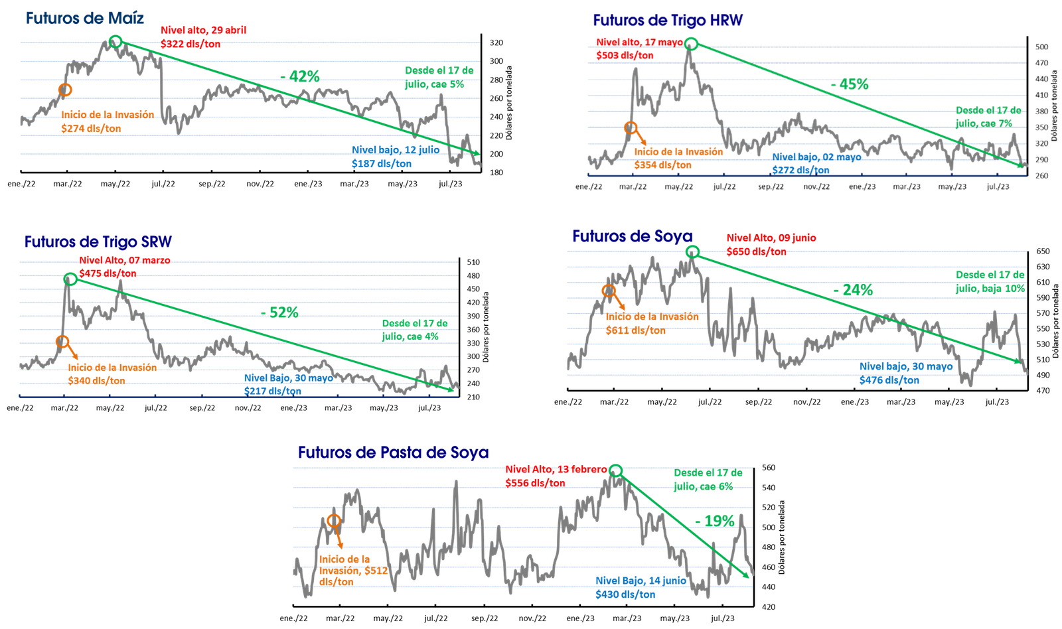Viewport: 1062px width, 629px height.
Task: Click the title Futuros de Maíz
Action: tap(85, 18)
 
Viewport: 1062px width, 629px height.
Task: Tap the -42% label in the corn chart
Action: tap(299, 76)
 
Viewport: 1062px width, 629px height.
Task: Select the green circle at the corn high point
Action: tap(115, 41)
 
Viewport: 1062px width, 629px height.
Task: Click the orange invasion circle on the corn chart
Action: tap(65, 90)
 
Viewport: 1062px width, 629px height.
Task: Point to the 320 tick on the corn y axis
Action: tap(496, 42)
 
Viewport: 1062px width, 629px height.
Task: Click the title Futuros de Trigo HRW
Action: tap(668, 21)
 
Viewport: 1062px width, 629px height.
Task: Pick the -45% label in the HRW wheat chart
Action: tap(850, 84)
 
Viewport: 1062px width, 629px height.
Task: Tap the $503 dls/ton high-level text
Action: tap(625, 56)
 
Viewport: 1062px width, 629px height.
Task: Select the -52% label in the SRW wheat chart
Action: tap(279, 313)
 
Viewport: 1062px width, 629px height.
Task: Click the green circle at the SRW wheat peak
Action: tap(70, 279)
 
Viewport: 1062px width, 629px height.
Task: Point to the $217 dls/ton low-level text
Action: tap(273, 391)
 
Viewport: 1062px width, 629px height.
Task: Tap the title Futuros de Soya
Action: tap(632, 236)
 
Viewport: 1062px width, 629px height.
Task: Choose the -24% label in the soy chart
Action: tap(853, 290)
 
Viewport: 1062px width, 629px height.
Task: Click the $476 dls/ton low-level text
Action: tap(889, 380)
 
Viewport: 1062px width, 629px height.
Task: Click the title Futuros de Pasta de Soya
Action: tap(393, 453)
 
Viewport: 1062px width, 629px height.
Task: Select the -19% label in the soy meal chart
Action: tap(715, 521)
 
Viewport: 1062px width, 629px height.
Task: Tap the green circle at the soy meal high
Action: tap(615, 470)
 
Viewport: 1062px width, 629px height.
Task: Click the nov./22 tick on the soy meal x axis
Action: tap(532, 618)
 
